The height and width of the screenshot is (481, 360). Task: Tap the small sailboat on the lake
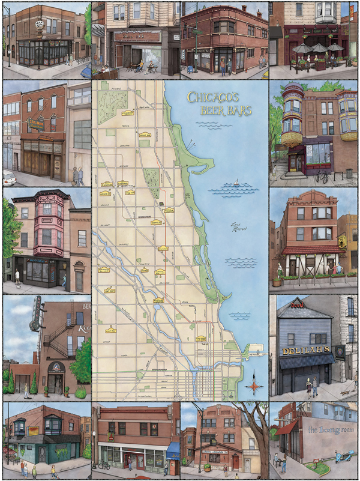(238, 181)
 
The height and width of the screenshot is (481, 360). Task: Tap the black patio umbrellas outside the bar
(319, 47)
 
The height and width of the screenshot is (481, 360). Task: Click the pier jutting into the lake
(255, 347)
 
